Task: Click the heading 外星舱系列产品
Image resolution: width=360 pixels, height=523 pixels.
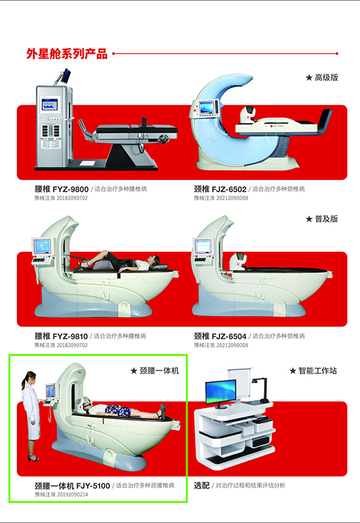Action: [x=67, y=54]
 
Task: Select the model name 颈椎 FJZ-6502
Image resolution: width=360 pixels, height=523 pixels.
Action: [x=220, y=189]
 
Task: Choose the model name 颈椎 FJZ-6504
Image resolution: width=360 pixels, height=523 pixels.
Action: [x=220, y=337]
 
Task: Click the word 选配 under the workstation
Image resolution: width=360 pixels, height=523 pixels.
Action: [x=201, y=485]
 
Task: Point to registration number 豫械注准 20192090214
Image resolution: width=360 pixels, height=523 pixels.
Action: [x=62, y=495]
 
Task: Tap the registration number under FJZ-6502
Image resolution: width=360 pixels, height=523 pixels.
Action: [x=221, y=198]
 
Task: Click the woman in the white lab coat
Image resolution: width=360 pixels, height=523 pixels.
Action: [x=30, y=414]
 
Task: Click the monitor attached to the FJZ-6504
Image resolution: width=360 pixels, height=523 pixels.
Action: [x=203, y=247]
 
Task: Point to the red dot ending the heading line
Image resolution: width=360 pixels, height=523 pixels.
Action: [x=337, y=54]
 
